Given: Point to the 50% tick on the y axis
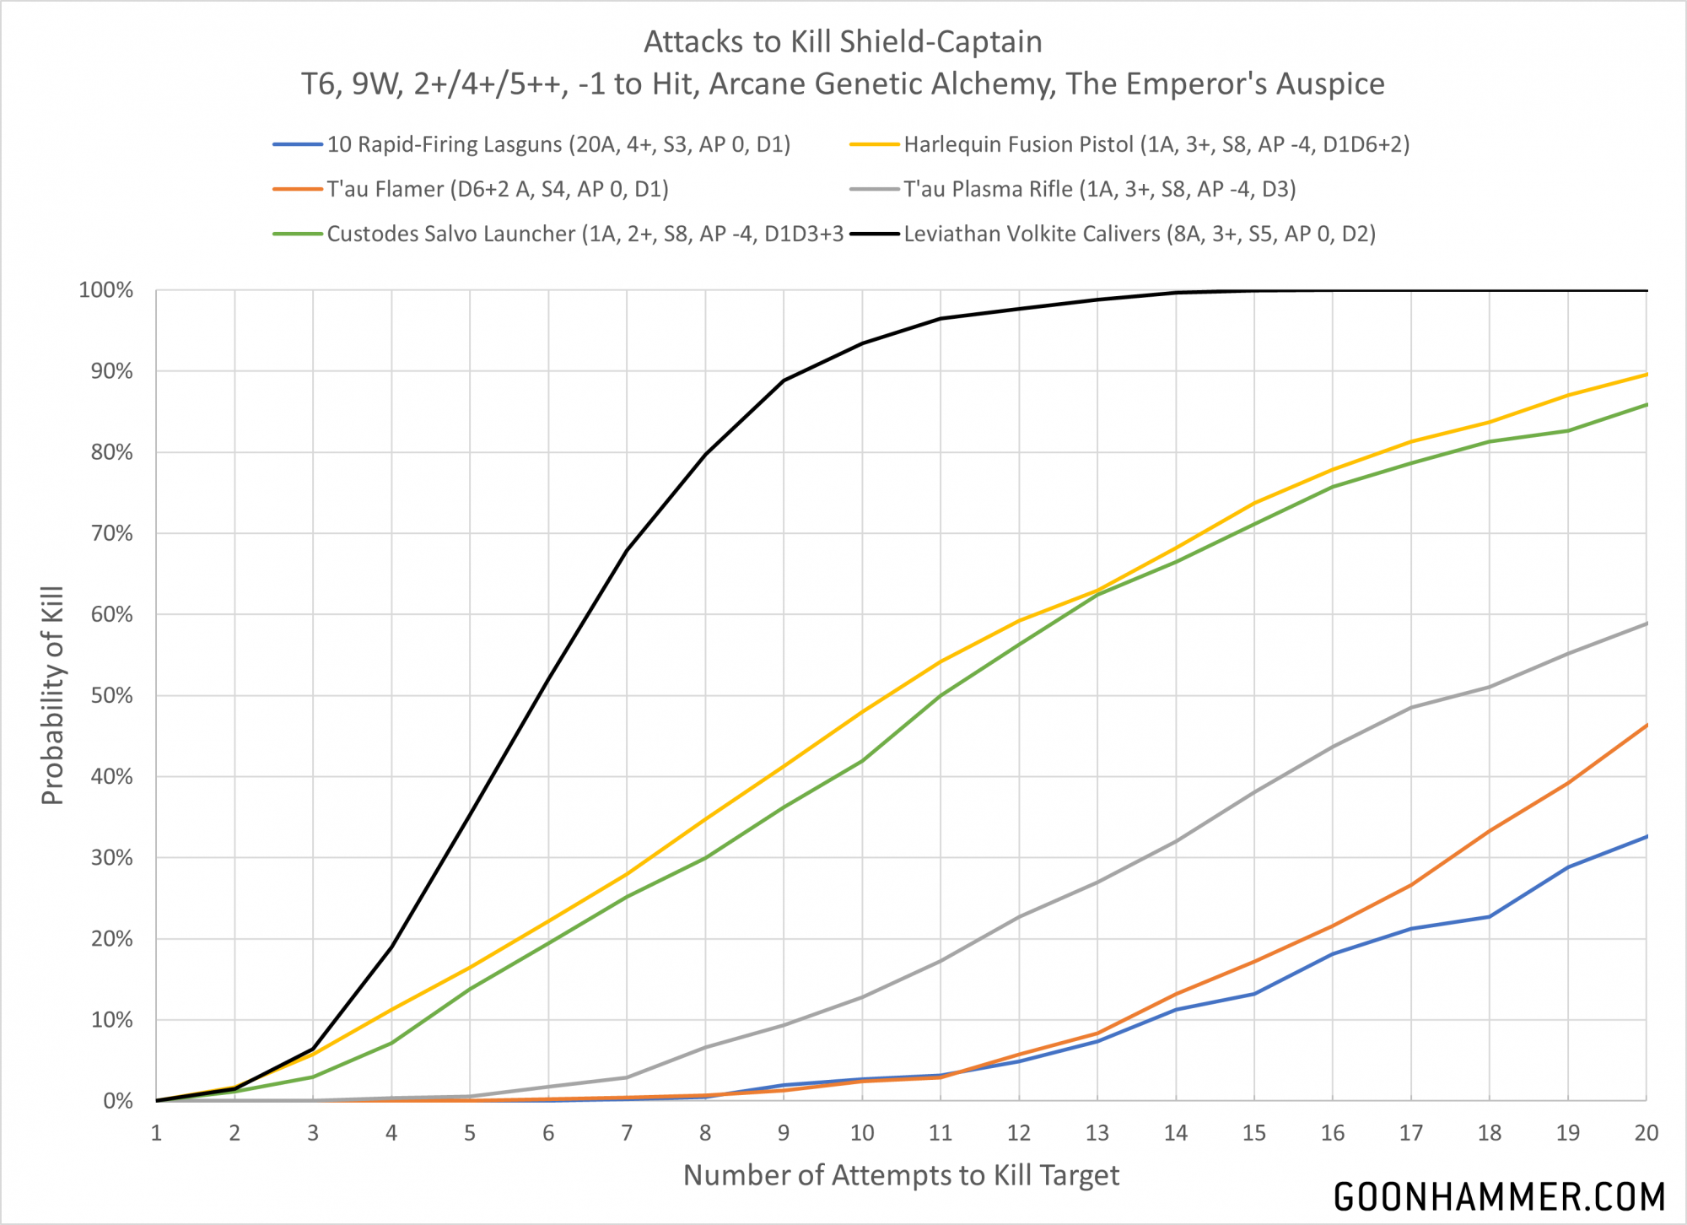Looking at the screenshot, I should point(112,695).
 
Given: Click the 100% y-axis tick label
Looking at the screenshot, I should point(106,290).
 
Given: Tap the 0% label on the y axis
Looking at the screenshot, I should point(118,1101).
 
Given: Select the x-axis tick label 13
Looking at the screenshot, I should point(1097,1133).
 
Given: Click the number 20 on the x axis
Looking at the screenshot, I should point(1646,1133).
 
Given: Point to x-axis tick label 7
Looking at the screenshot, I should point(627,1133).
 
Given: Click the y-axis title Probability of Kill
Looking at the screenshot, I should point(52,695).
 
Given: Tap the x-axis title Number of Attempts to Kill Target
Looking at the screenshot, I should point(901,1175).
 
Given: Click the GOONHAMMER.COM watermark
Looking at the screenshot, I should point(1499,1197).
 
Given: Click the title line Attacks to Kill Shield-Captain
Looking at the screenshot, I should point(843,41).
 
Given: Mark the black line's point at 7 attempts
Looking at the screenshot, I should point(627,551).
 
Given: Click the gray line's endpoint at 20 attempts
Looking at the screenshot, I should point(1646,623).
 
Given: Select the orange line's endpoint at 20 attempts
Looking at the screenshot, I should point(1646,725).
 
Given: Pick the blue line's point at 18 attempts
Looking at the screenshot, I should point(1489,917).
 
